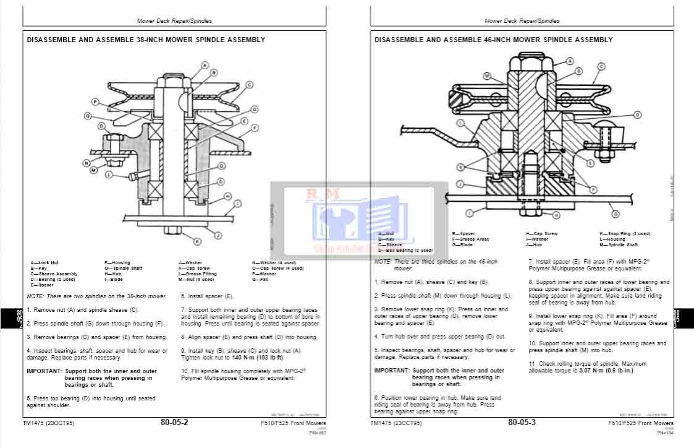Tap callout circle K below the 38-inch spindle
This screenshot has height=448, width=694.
click(x=197, y=241)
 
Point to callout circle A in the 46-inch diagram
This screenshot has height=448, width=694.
click(x=570, y=61)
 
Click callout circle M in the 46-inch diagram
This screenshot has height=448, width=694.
click(x=487, y=76)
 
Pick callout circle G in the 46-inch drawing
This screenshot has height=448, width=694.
click(x=616, y=214)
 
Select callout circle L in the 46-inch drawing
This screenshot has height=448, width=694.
click(x=460, y=123)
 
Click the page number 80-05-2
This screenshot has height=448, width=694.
click(x=174, y=423)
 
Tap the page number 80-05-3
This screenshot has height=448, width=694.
click(x=522, y=423)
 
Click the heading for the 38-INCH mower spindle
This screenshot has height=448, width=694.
click(x=146, y=40)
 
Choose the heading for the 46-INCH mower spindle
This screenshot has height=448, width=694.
click(x=493, y=40)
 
